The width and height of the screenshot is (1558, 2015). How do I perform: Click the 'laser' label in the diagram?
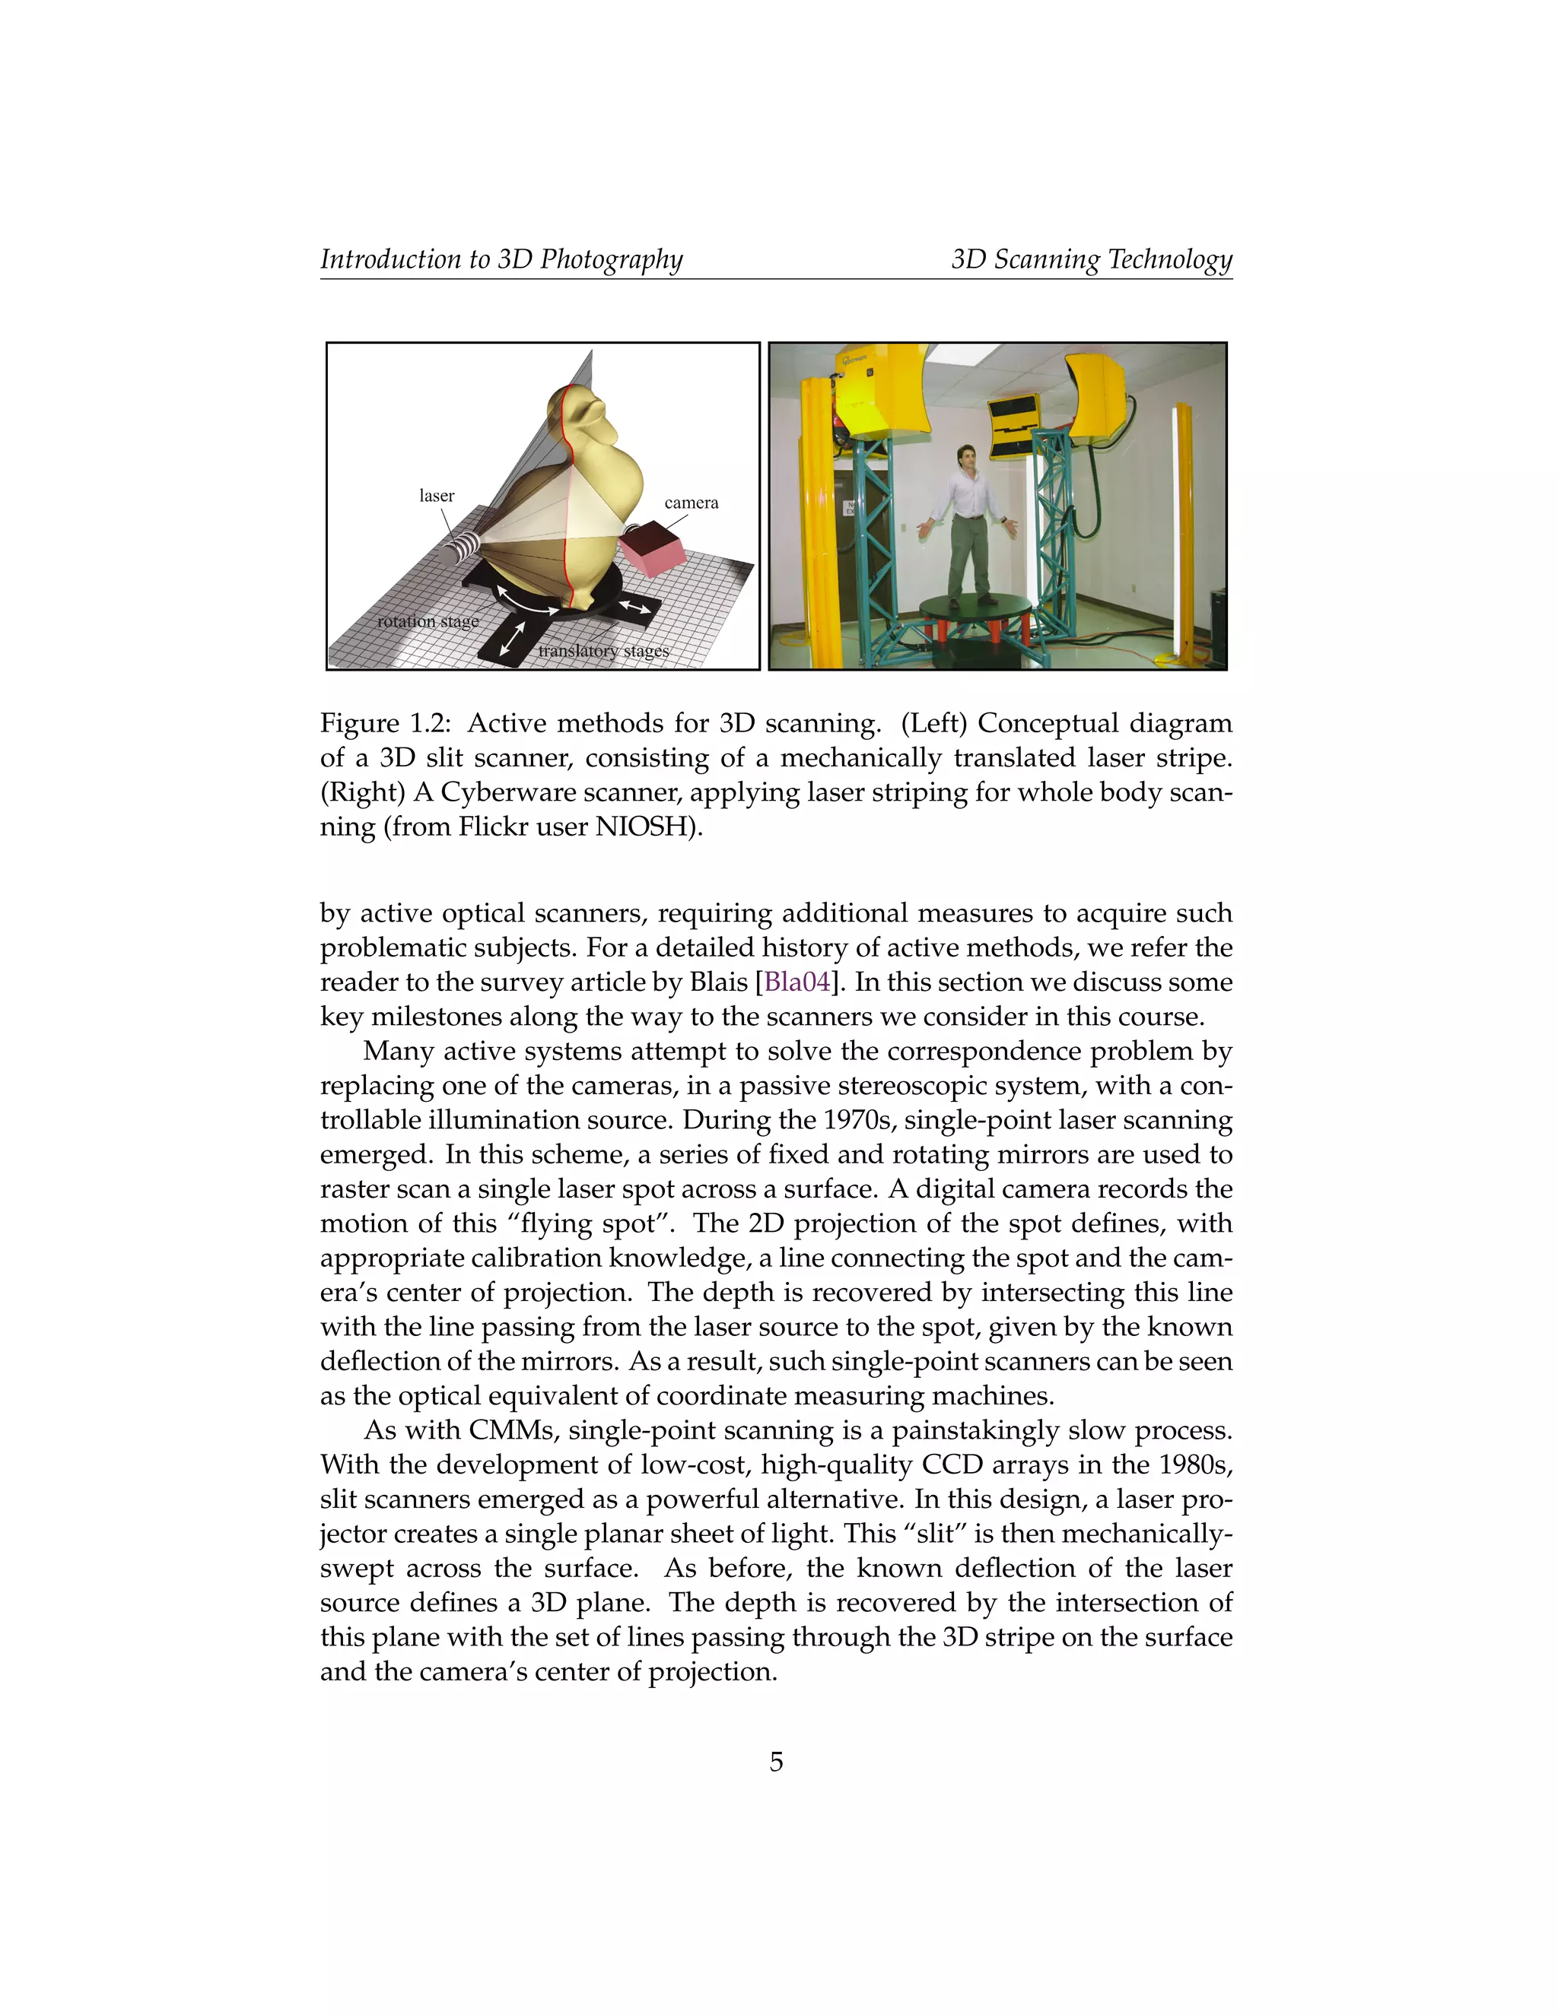pyautogui.click(x=437, y=497)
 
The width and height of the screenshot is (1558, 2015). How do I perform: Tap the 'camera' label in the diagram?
pyautogui.click(x=691, y=503)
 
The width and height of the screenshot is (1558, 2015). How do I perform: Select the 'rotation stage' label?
pyautogui.click(x=428, y=621)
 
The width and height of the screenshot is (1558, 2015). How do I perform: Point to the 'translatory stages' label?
pyautogui.click(x=603, y=652)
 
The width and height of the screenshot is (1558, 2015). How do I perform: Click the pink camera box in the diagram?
pyautogui.click(x=652, y=552)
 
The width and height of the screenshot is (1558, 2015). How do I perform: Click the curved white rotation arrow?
pyautogui.click(x=527, y=601)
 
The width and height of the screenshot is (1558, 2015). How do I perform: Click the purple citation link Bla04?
pyautogui.click(x=797, y=982)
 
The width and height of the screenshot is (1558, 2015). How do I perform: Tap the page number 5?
pyautogui.click(x=776, y=1763)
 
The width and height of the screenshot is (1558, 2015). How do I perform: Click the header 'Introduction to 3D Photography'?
pyautogui.click(x=501, y=259)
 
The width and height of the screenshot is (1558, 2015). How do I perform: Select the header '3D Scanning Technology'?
pyautogui.click(x=1091, y=259)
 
